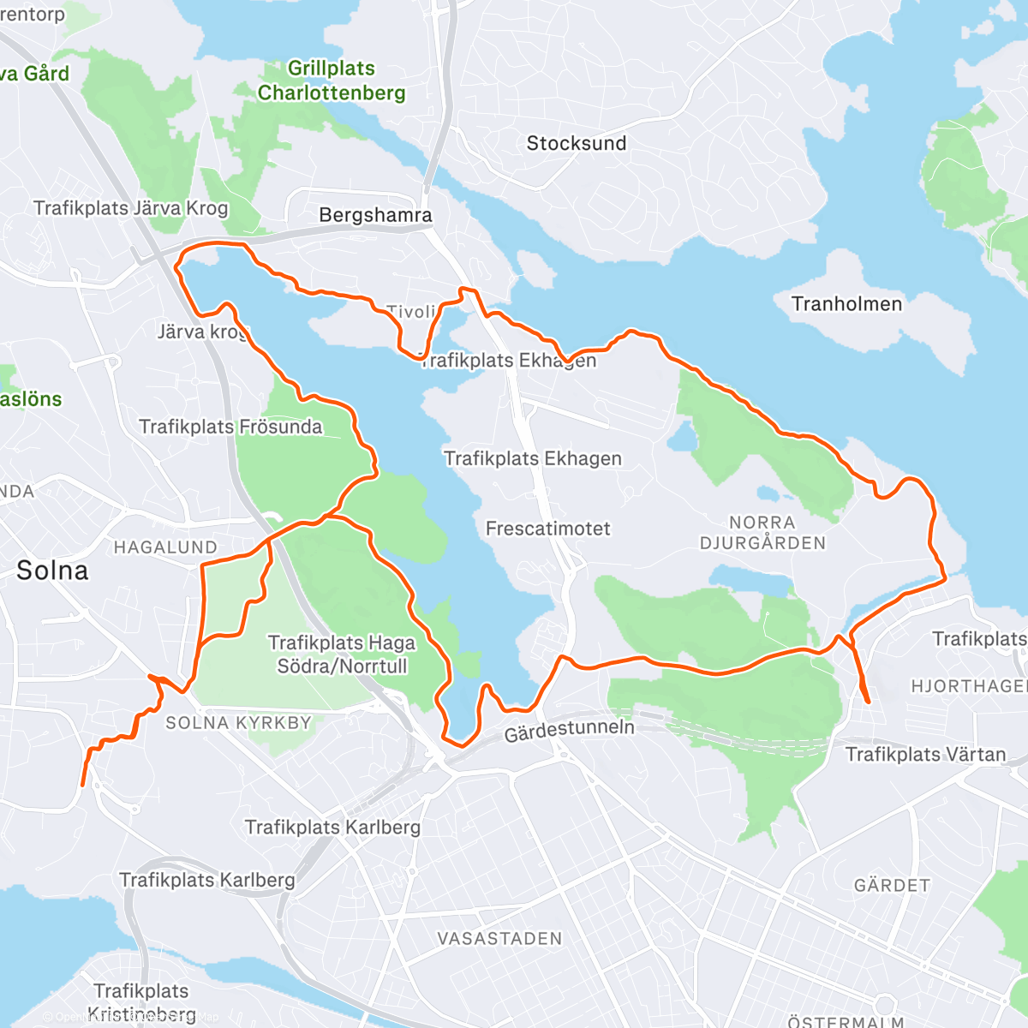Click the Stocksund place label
click(x=576, y=143)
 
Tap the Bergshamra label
click(x=375, y=215)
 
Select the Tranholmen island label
click(x=846, y=304)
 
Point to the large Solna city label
click(x=52, y=571)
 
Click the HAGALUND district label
click(x=165, y=547)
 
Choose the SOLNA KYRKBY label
click(x=238, y=723)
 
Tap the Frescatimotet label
click(x=547, y=529)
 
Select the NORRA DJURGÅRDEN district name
click(x=762, y=533)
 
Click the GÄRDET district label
click(x=892, y=885)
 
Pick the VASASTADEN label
click(x=499, y=939)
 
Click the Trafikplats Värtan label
click(x=925, y=755)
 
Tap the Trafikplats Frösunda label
click(x=230, y=427)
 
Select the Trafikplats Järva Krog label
click(x=131, y=208)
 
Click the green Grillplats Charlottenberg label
click(x=332, y=81)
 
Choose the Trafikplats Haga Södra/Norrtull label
click(x=342, y=654)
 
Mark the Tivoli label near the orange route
click(x=411, y=312)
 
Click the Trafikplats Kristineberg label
click(x=141, y=1002)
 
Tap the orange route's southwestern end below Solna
click(x=82, y=784)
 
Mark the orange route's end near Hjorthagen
click(x=869, y=702)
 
